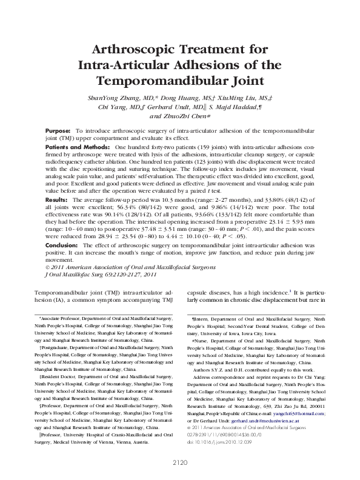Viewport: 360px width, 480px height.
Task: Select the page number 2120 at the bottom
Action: coord(179,462)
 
